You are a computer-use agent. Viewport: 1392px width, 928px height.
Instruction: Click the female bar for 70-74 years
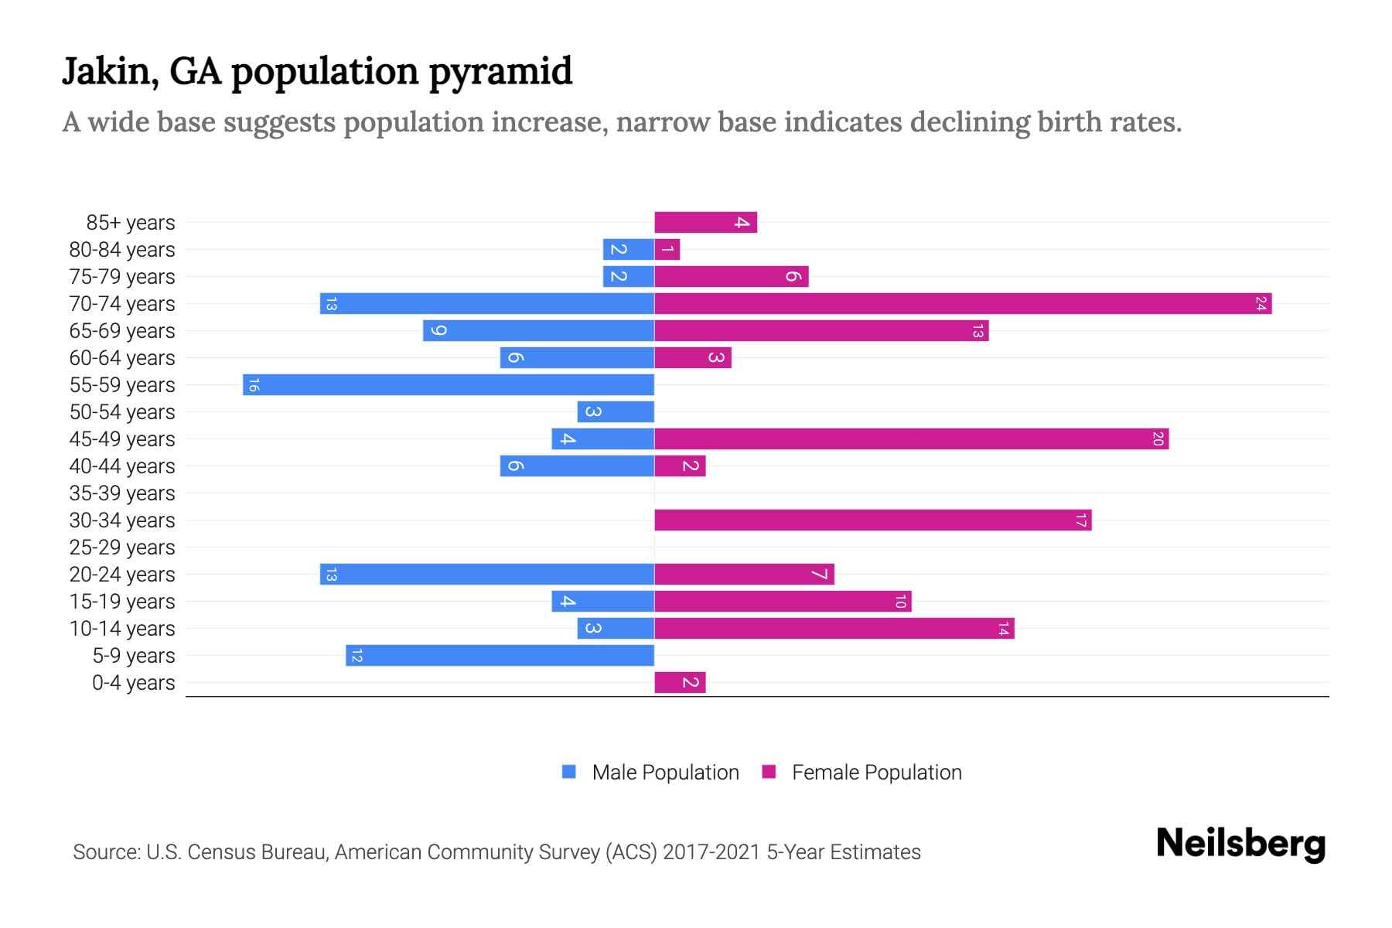coord(963,304)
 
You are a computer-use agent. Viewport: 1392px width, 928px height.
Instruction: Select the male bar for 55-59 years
coord(449,385)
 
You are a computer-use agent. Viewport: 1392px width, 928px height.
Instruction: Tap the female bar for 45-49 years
coord(911,439)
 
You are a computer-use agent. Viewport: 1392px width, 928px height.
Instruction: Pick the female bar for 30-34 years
coord(872,520)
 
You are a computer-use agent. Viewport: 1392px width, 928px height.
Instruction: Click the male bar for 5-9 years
coord(500,656)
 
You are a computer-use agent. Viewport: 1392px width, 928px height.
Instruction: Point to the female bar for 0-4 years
coord(680,683)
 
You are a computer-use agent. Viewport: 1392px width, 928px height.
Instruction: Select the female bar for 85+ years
coord(705,223)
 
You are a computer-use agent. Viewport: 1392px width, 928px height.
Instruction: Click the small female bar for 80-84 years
coord(667,250)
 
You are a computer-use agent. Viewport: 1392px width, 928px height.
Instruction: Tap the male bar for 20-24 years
coord(487,575)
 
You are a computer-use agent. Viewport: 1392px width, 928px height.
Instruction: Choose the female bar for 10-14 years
coord(834,629)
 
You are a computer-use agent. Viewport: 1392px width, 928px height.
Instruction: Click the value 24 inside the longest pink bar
coord(1261,304)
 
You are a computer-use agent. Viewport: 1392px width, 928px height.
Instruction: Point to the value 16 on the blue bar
coord(254,385)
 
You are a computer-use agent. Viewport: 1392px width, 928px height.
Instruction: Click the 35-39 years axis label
coord(122,493)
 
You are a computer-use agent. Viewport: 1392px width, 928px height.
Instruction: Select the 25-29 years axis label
coord(122,548)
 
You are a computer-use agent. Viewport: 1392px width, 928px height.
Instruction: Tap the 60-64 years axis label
coord(122,358)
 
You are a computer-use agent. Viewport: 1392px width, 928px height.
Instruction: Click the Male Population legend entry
coord(665,773)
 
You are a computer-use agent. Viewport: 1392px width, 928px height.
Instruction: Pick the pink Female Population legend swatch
coord(769,772)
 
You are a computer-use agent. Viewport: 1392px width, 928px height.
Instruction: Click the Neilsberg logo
coord(1240,843)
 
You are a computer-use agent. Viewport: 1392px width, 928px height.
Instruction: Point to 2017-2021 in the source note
coord(711,852)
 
